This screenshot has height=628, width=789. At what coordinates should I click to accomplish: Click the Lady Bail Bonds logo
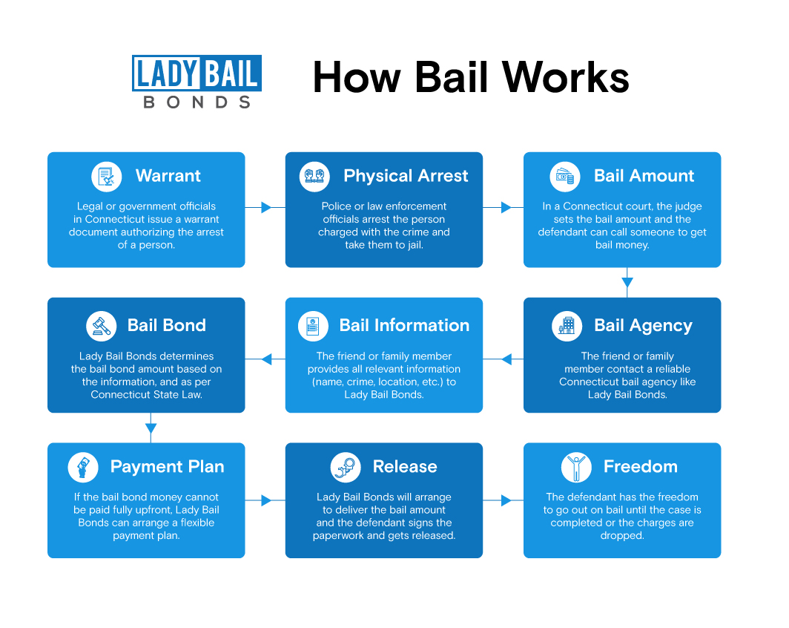point(197,81)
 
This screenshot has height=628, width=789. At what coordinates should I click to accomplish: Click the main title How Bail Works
point(471,77)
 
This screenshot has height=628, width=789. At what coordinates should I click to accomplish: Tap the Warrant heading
point(168,176)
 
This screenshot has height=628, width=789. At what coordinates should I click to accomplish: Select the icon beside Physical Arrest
point(315,177)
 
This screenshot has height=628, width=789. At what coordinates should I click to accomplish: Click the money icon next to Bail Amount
point(565,177)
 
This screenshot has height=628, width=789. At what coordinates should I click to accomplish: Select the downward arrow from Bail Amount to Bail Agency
point(627,282)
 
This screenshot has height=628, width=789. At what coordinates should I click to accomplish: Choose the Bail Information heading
point(404,325)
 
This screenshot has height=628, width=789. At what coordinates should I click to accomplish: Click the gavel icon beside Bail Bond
point(101,326)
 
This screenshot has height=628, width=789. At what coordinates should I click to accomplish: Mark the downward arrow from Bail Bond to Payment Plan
point(151,428)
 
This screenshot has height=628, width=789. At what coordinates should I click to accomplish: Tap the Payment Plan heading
point(167,467)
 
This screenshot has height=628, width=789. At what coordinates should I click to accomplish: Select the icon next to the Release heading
point(345,467)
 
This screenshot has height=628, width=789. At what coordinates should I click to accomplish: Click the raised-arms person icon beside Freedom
point(576,467)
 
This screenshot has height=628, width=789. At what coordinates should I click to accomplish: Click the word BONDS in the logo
point(197,102)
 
